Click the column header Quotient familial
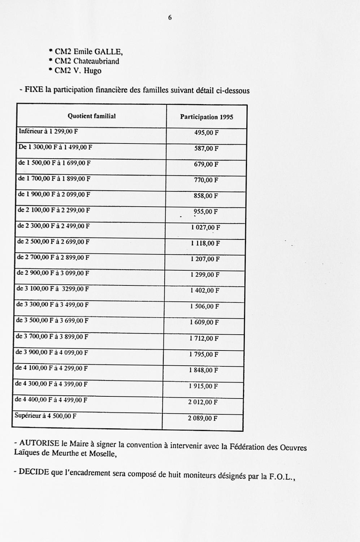[92, 116]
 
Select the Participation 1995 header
[207, 117]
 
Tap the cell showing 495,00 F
[207, 133]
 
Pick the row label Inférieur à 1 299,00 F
[48, 131]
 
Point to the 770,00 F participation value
[206, 180]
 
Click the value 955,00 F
[206, 212]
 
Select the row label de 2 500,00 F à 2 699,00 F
[53, 242]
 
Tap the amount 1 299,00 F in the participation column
[205, 275]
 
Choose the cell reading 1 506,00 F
[205, 306]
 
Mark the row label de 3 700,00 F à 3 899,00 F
[52, 337]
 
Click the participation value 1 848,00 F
[204, 370]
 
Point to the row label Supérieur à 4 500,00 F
[45, 416]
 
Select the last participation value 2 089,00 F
[203, 418]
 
